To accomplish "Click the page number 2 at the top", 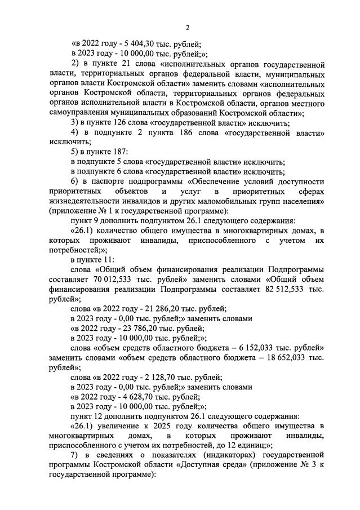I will pyautogui.click(x=188, y=27).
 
